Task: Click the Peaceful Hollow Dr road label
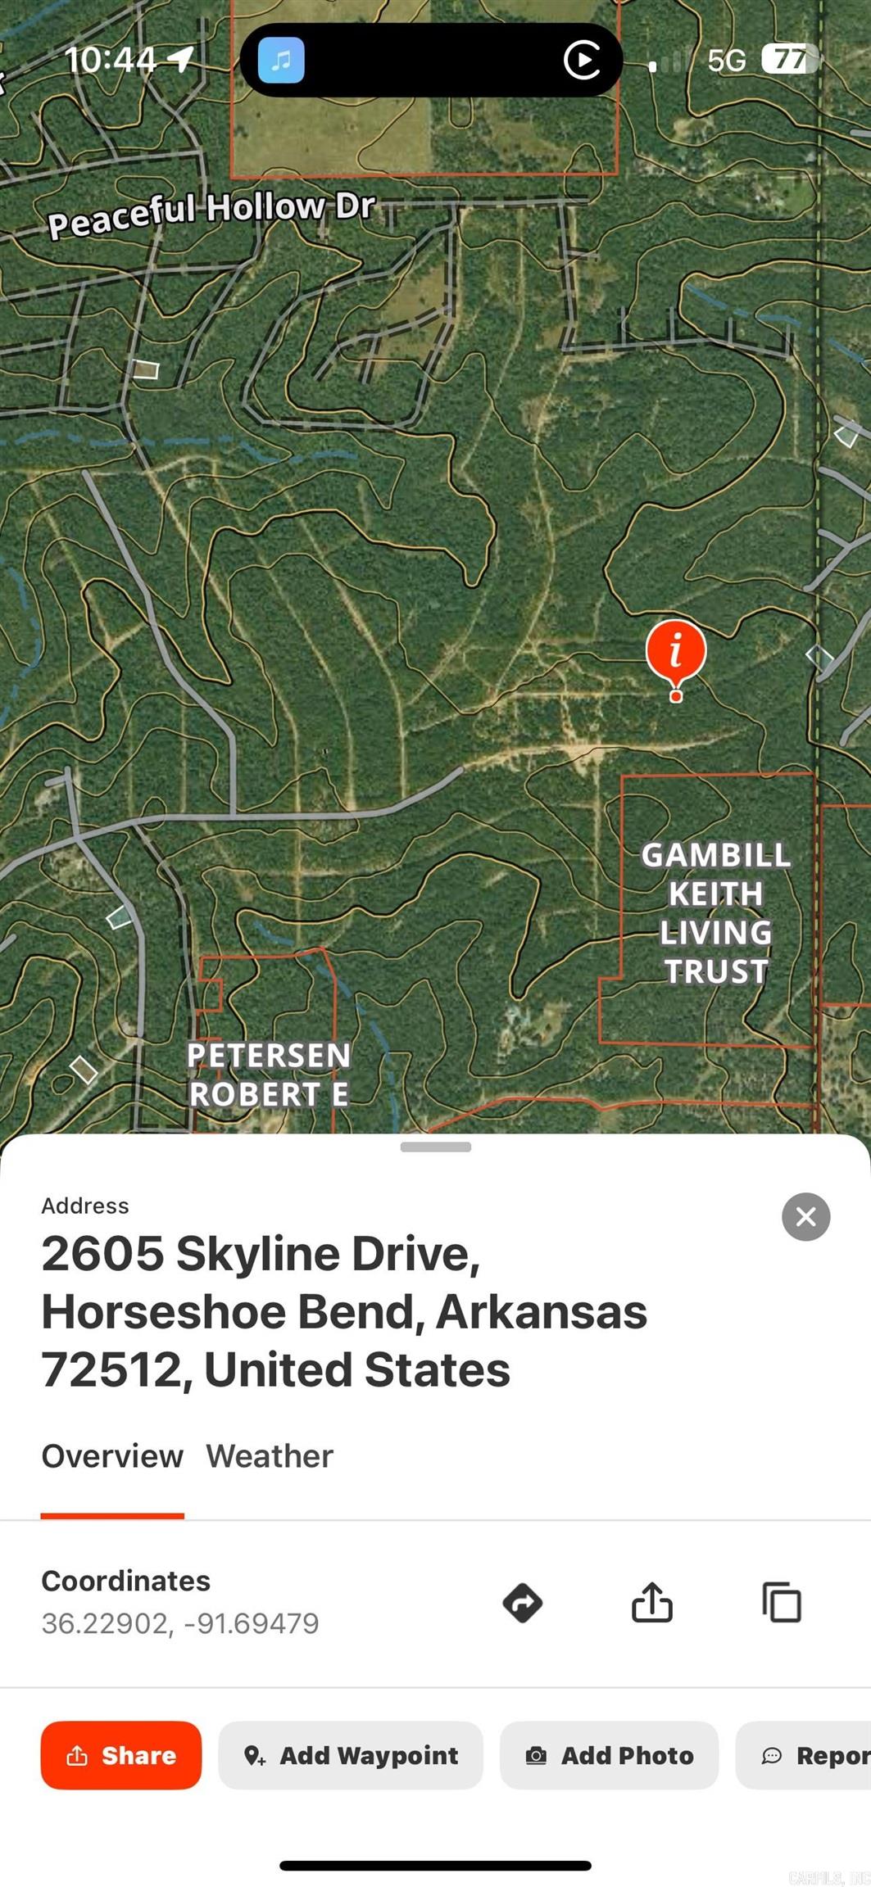tap(211, 214)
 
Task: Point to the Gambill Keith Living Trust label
tap(715, 912)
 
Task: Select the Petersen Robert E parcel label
tap(269, 1074)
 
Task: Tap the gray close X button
tap(805, 1216)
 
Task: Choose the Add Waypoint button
tap(351, 1755)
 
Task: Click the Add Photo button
tap(610, 1755)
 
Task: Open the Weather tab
tap(270, 1456)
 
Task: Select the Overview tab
tap(112, 1456)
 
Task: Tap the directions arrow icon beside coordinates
tap(523, 1603)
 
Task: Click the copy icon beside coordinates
tap(782, 1603)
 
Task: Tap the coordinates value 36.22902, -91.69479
tap(180, 1623)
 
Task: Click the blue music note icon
tap(281, 60)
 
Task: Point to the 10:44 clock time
tap(110, 60)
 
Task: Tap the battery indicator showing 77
tap(789, 59)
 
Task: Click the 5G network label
tap(727, 61)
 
